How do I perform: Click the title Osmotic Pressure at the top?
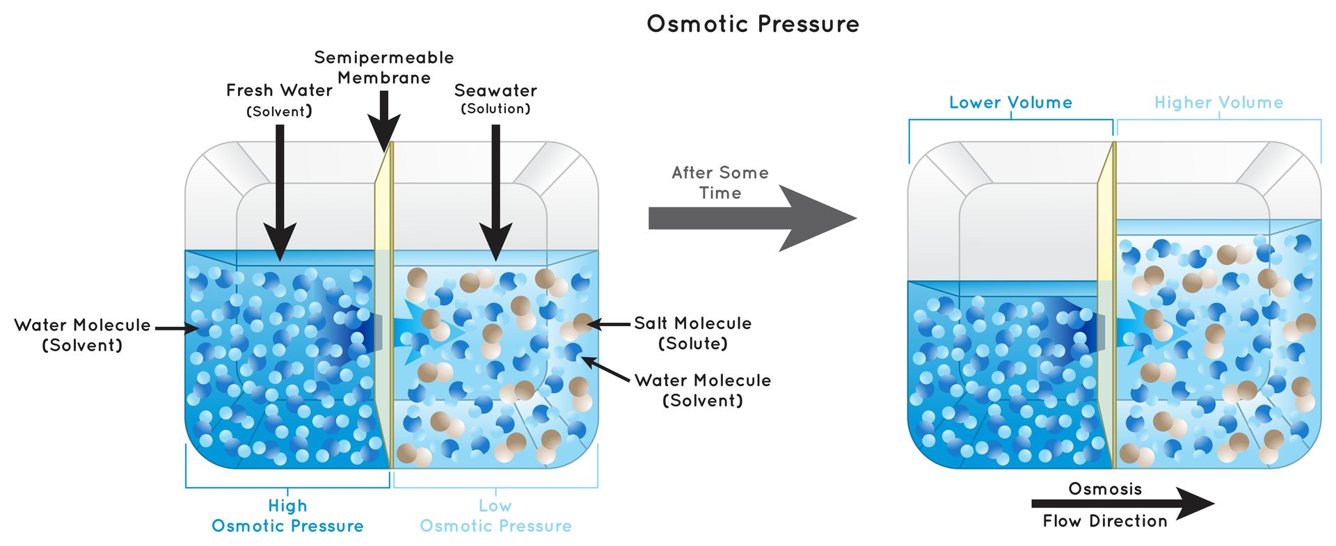753,24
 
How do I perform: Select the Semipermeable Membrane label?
383,67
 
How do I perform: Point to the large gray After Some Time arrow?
751,218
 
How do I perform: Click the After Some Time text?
720,182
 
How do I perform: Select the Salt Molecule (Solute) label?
692,333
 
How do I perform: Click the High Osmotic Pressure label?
287,516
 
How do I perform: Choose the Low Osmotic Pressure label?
495,516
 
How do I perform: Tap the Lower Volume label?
1010,103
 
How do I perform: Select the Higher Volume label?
1218,103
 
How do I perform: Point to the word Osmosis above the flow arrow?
1105,489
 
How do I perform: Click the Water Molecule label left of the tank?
82,335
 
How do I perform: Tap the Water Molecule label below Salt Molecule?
702,390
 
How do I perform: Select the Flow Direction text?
1105,521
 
